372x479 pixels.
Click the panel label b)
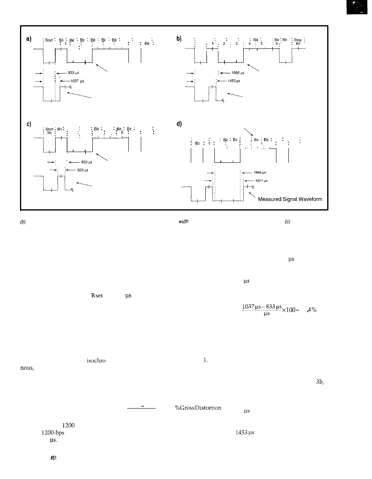(x=180, y=38)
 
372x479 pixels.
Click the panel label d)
(x=180, y=124)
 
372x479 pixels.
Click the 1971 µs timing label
(x=261, y=180)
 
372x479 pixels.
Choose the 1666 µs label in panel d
(x=260, y=172)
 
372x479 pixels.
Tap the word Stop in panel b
(x=298, y=40)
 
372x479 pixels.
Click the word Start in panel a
(x=50, y=40)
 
